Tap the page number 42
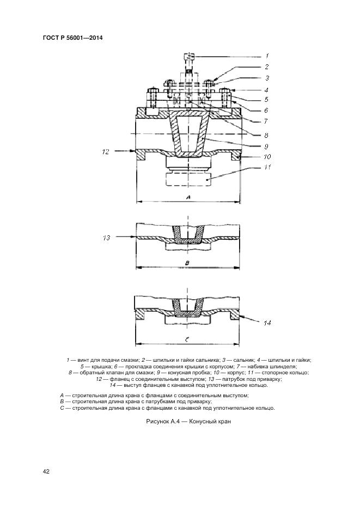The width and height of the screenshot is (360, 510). pyautogui.click(x=46, y=471)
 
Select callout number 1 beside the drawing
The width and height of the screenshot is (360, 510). pyautogui.click(x=267, y=56)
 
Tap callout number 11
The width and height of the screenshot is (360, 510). pyautogui.click(x=267, y=167)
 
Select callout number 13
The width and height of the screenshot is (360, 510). pyautogui.click(x=106, y=238)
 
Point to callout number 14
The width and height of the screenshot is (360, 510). pyautogui.click(x=267, y=323)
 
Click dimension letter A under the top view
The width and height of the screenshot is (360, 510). pyautogui.click(x=188, y=197)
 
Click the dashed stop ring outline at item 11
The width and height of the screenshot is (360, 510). pyautogui.click(x=188, y=179)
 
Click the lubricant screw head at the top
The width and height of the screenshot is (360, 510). pyautogui.click(x=189, y=56)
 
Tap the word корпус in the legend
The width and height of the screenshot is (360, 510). pyautogui.click(x=224, y=373)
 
